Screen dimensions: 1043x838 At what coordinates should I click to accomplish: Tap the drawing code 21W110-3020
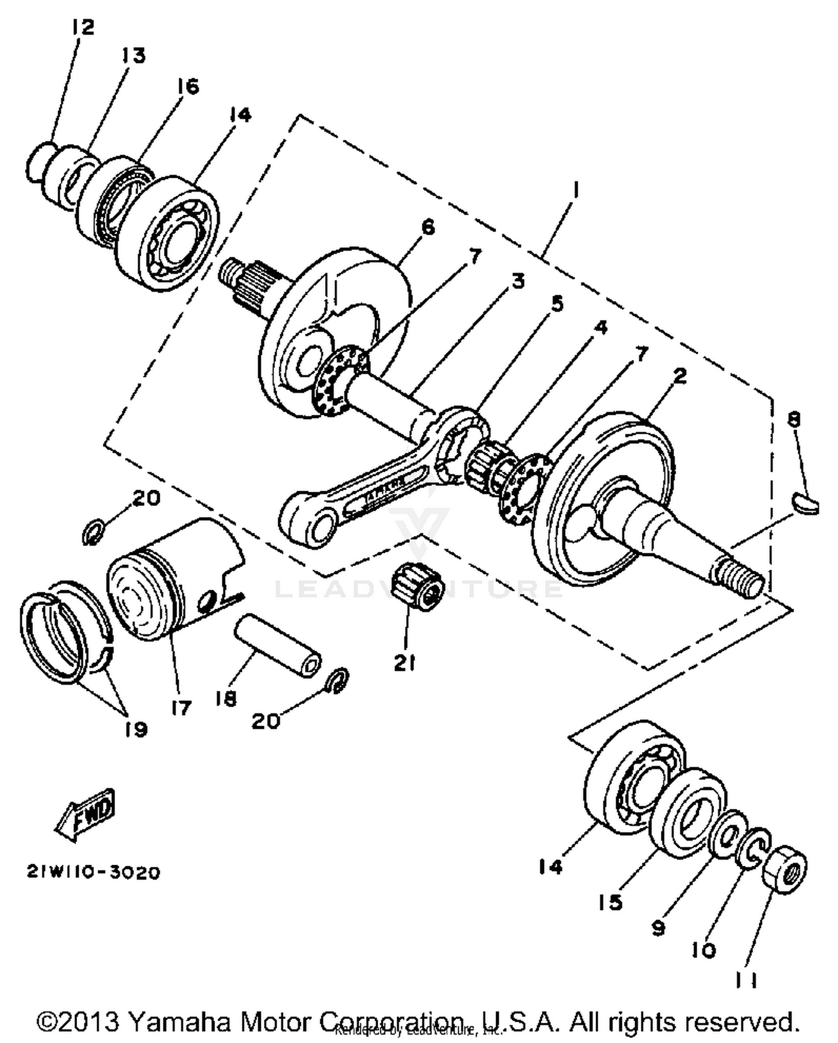pos(93,873)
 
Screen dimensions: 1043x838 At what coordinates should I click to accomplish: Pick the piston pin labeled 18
pos(278,645)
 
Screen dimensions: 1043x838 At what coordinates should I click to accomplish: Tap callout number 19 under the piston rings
pos(136,729)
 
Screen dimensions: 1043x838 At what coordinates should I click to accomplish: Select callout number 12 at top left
pos(82,27)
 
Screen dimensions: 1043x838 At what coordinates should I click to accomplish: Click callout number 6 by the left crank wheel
pos(427,227)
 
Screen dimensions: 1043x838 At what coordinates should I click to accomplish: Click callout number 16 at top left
pos(188,87)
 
